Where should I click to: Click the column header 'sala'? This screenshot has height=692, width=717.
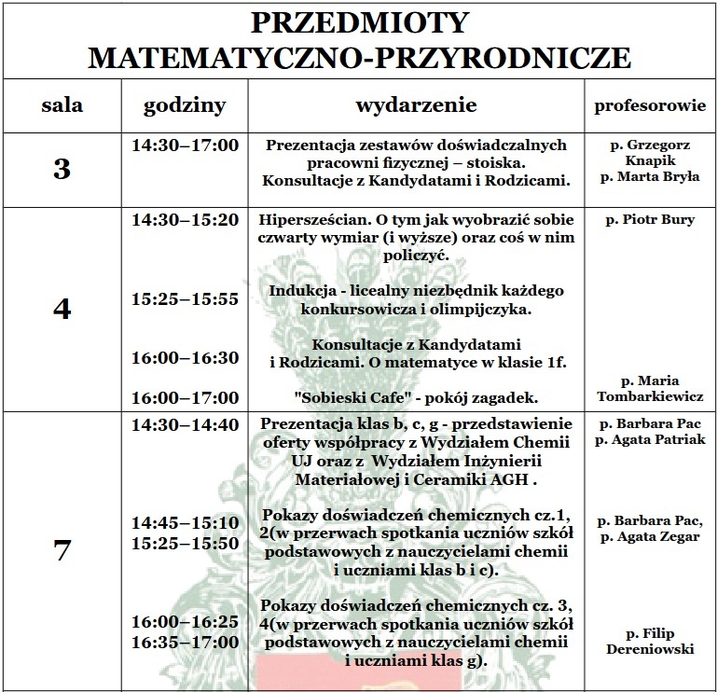point(62,105)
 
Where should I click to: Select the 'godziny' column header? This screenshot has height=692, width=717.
point(185,106)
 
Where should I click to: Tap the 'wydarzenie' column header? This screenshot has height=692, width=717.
point(416,105)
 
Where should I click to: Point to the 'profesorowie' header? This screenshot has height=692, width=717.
point(650,105)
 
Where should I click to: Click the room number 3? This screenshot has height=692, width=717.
point(62,169)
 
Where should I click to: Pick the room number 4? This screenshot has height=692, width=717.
point(62,309)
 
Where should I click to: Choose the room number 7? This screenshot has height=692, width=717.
point(62,550)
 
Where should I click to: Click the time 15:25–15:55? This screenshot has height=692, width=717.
point(185,299)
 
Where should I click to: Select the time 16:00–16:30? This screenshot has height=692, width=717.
point(185,357)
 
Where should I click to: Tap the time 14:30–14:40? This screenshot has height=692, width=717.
point(185,424)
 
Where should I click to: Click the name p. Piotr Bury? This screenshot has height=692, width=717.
point(650,221)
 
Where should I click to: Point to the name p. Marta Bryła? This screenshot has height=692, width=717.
point(650,175)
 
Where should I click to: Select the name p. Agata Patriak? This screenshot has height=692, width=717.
point(650,439)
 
